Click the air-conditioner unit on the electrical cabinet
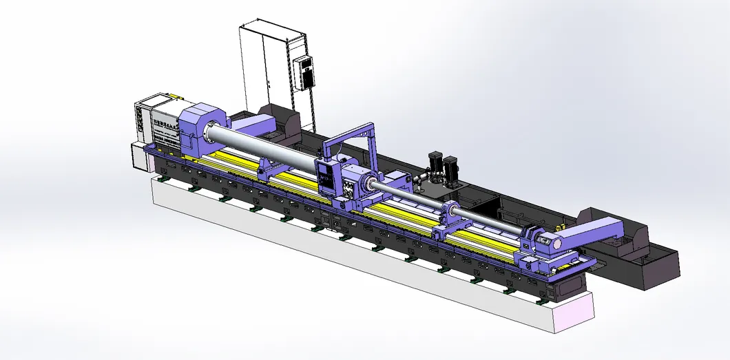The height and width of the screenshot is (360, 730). pyautogui.click(x=304, y=72)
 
